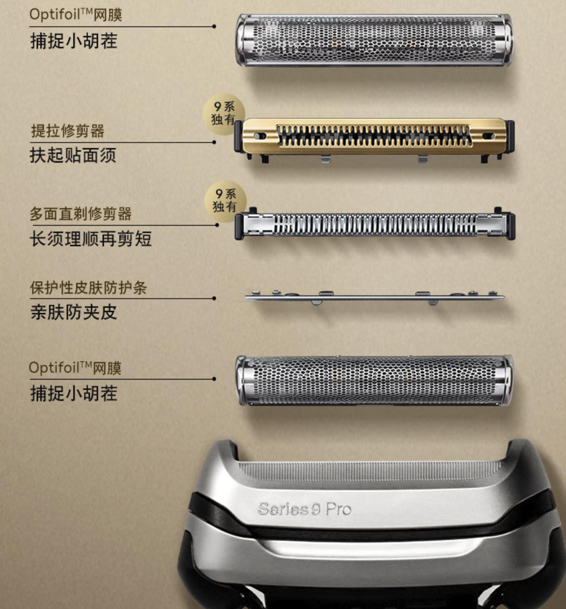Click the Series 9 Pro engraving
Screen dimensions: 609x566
[304, 509]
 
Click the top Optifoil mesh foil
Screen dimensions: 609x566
[373, 40]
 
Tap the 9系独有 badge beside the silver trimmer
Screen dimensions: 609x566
[224, 201]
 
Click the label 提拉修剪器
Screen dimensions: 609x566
[68, 131]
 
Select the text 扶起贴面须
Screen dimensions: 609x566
[73, 155]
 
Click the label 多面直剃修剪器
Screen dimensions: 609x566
[81, 214]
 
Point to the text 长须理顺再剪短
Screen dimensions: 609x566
[90, 239]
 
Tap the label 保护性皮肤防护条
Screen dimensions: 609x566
[88, 288]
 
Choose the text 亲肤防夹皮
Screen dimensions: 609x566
[73, 313]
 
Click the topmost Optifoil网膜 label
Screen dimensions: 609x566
[75, 15]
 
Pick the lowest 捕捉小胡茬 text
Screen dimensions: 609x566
[74, 394]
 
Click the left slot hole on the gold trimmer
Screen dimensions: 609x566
[260, 136]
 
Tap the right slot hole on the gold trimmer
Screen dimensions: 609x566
[488, 136]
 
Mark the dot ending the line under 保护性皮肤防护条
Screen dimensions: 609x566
[214, 298]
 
